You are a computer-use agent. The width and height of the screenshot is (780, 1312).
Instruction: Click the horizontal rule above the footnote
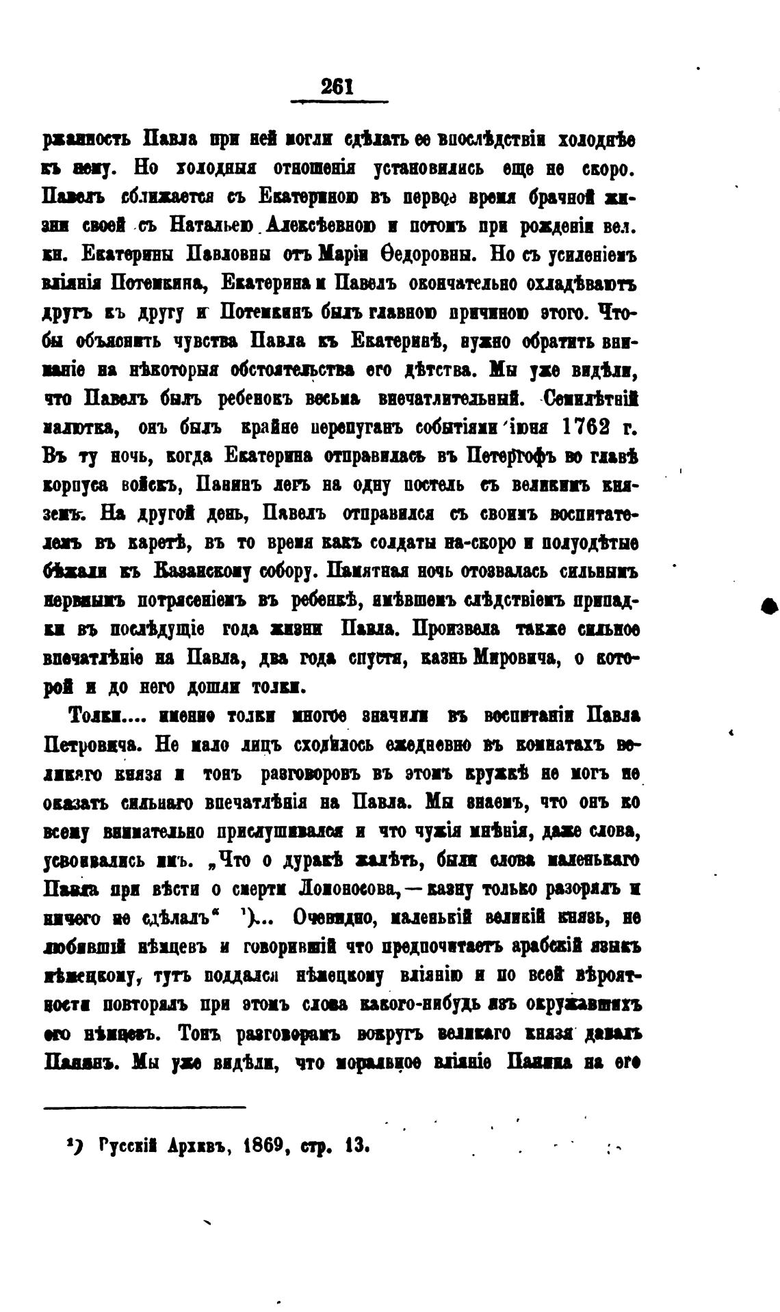point(144,1107)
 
